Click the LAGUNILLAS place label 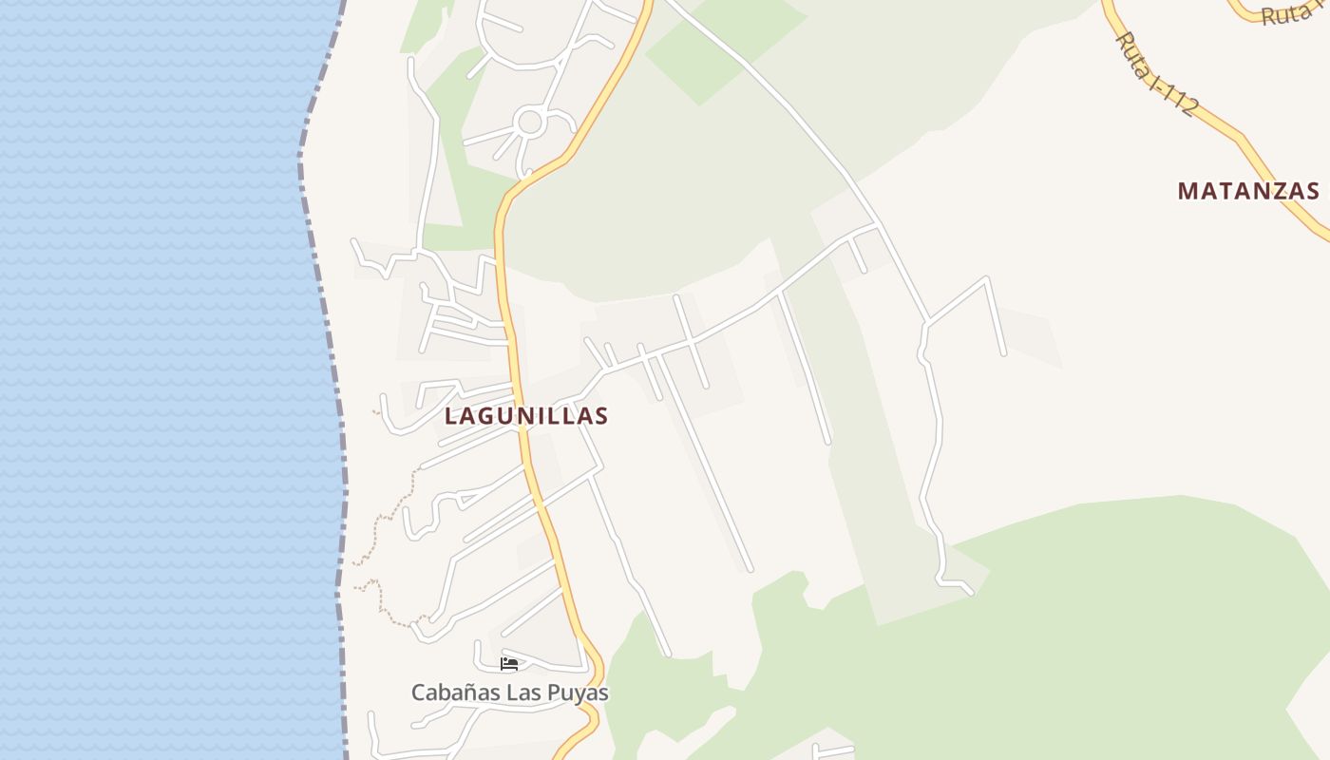point(526,416)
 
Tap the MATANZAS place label point(1248,191)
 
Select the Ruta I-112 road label point(1155,74)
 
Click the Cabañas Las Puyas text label point(509,693)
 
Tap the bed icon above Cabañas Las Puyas point(509,663)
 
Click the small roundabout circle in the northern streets point(529,122)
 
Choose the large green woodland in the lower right point(1092,627)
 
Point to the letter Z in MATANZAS point(1272,191)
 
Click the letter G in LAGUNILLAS point(487,416)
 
